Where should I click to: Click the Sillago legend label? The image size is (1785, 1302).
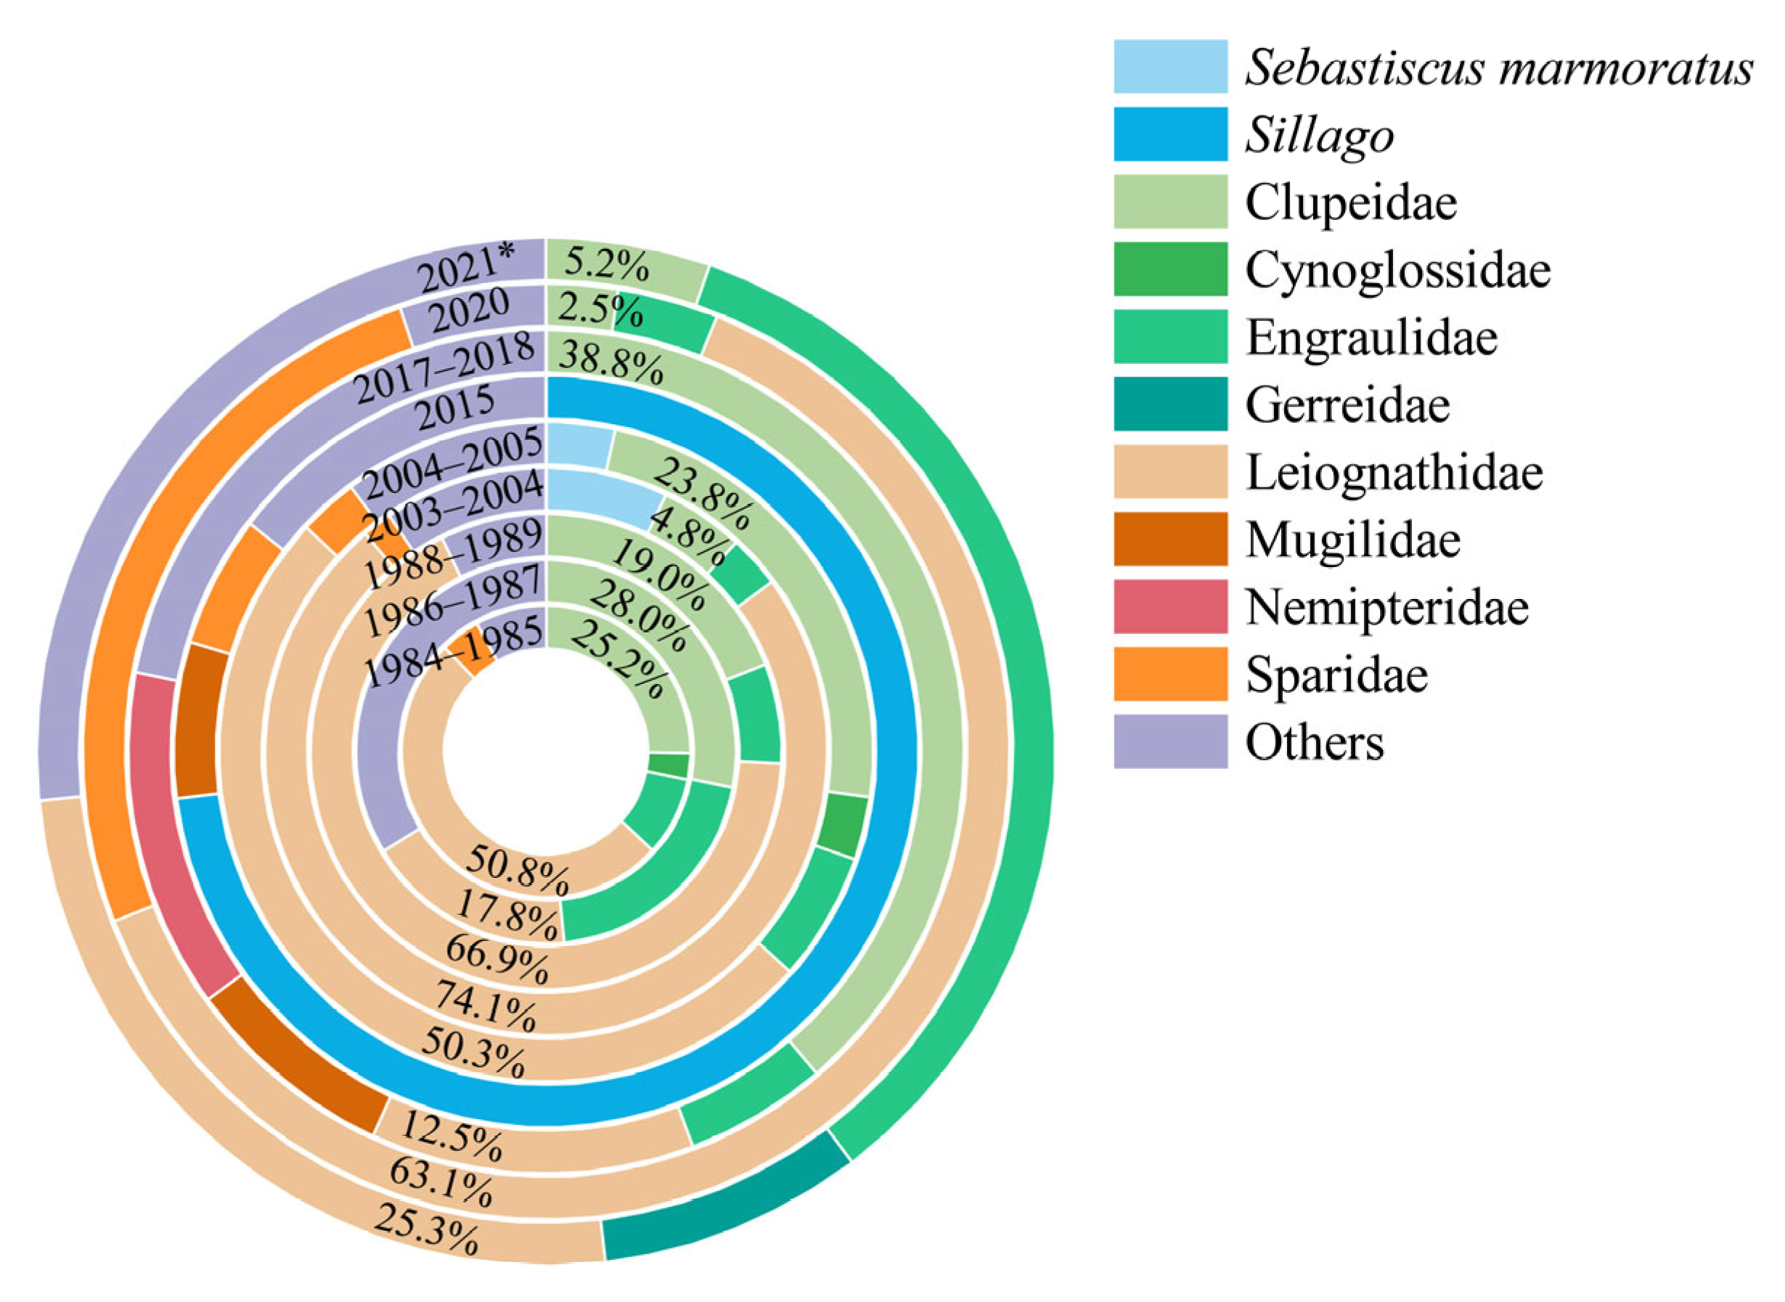1319,136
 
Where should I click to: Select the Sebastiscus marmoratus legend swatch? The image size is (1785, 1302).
1169,67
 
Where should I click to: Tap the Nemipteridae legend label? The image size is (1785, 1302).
1386,608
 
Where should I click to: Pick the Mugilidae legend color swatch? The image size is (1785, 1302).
1169,539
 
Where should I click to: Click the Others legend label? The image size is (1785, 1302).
1314,742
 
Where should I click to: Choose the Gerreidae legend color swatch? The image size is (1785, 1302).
1169,404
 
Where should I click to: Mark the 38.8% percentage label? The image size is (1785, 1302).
610,365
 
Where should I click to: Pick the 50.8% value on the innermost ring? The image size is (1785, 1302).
517,870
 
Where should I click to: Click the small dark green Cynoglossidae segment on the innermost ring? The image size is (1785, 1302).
668,765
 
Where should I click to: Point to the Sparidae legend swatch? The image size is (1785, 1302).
1169,675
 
